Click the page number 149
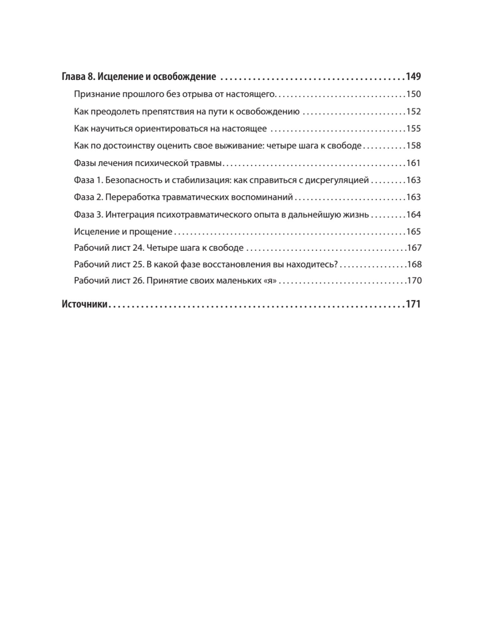click(413, 76)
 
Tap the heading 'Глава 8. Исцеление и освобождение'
click(139, 76)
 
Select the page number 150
click(414, 94)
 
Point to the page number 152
click(414, 112)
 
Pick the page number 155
click(414, 129)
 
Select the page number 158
click(414, 146)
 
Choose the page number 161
click(414, 163)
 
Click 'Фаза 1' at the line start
click(88, 180)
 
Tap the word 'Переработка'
click(132, 197)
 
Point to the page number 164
click(414, 215)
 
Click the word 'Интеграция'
click(130, 215)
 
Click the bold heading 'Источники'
click(85, 304)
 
